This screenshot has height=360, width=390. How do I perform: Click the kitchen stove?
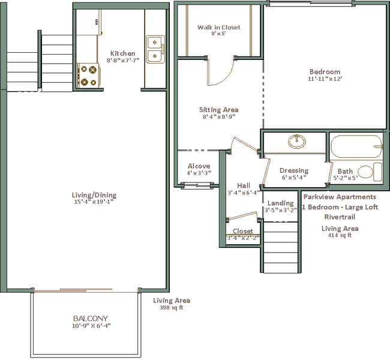pos(89,76)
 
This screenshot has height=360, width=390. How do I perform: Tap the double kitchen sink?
pos(155,49)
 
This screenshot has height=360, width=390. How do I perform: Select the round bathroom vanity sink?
pos(297,142)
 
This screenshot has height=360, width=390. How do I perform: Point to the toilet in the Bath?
pos(370,172)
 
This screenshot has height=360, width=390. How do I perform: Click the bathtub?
pos(356,146)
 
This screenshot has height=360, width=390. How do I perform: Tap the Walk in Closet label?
pos(219,27)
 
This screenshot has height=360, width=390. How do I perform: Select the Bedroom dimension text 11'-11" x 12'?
pos(325,79)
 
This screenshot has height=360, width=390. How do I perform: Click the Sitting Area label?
pos(218,110)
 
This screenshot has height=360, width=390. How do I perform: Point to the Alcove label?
pos(199,166)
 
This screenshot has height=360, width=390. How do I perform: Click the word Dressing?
pos(294,170)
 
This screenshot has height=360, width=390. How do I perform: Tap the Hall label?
pos(244,185)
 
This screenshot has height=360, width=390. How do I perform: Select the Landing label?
pos(281,203)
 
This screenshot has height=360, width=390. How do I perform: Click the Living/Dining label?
pos(94,195)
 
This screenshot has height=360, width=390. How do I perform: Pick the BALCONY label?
pos(91,318)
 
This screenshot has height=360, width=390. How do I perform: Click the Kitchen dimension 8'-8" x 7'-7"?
pos(123,60)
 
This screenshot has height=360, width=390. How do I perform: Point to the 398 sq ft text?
pos(172,308)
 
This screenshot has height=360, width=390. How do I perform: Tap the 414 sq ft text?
pos(340,235)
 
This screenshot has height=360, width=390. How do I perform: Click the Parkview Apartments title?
pos(340,197)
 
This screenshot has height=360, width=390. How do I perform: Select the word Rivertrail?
pos(340,217)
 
